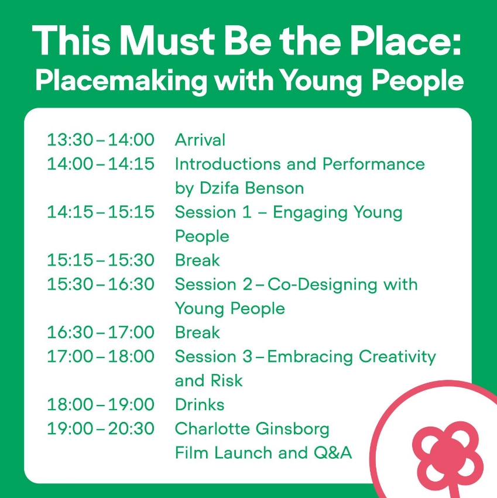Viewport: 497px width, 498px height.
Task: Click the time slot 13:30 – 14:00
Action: coord(101,140)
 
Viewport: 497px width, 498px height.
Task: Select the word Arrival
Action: coord(200,140)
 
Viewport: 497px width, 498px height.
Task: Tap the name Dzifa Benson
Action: coord(252,188)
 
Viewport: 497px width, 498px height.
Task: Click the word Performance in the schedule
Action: coord(373,164)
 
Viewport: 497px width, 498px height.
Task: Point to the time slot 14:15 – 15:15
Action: coord(101,212)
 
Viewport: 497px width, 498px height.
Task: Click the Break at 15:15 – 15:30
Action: coord(197,260)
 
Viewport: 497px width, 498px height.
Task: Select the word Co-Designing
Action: coord(322,285)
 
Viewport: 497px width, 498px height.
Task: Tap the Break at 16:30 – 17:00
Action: coord(197,332)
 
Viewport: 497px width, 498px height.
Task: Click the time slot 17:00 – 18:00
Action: coord(101,356)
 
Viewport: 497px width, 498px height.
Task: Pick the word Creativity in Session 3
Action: coord(397,357)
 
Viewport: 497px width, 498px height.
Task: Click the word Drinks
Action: coord(200,404)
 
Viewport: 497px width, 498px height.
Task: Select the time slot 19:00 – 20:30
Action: coord(101,428)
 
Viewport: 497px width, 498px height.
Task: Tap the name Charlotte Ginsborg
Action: coord(252,429)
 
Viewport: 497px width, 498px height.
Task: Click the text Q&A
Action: coord(333,452)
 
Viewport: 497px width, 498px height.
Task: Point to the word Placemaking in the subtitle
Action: coord(121,81)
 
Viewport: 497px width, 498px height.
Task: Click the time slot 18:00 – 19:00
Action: coord(101,404)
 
